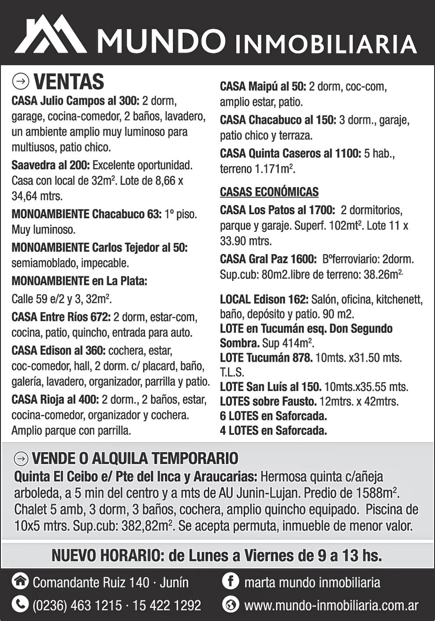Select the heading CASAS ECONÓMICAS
coord(269,192)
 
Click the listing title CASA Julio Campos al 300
coord(75,101)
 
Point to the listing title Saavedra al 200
coord(50,166)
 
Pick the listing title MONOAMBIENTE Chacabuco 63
coord(86,214)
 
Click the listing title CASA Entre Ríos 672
coord(61,317)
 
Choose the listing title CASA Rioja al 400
coord(55,400)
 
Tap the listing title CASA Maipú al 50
coord(263,86)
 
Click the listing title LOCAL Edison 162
coord(264,300)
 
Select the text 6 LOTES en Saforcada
coord(273,416)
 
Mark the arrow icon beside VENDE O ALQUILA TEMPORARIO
coord(21,458)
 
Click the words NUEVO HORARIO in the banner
coord(107,556)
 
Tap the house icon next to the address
coord(20,582)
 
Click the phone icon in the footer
coord(20,605)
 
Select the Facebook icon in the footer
coord(230,582)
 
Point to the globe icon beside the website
coord(230,605)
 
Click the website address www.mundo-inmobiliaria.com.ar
coord(331,605)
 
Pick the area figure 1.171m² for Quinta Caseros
coord(275,169)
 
